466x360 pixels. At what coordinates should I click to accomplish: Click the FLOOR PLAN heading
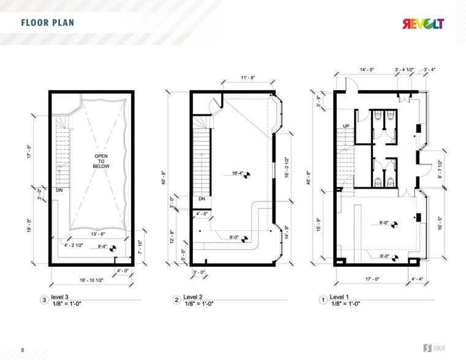47,24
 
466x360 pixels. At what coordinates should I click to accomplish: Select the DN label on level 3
59,190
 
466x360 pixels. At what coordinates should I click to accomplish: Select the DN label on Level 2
202,199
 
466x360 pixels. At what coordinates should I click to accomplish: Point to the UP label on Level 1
345,126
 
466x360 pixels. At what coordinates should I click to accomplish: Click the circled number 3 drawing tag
43,300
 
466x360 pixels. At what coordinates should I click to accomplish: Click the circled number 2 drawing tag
176,300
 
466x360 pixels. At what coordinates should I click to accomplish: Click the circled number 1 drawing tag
323,300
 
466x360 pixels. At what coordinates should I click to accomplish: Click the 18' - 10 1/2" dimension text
91,279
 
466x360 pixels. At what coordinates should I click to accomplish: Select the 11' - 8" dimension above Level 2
249,78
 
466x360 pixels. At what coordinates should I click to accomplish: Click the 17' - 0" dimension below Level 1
372,279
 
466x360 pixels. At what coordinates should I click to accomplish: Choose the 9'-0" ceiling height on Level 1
385,223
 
